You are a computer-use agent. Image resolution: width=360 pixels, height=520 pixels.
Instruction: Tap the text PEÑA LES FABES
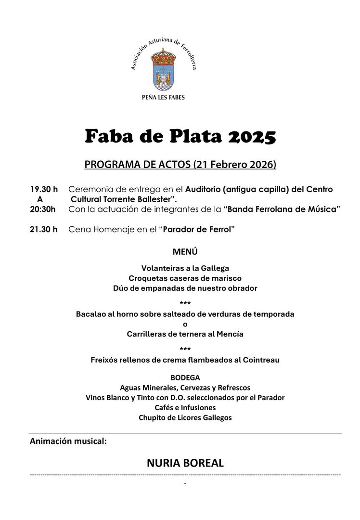164,97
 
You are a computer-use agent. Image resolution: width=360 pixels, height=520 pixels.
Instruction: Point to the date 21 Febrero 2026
234,164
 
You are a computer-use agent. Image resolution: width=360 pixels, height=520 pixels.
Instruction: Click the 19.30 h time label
44,189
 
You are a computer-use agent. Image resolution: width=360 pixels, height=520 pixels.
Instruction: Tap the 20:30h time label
43,209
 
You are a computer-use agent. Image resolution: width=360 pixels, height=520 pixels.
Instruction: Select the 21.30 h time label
44,229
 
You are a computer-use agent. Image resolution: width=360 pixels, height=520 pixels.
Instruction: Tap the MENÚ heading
185,252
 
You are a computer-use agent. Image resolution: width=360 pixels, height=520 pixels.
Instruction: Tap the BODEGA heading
185,377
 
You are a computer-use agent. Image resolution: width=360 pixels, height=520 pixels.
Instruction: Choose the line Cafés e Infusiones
185,407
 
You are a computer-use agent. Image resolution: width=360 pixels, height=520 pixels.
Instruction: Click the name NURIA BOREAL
185,463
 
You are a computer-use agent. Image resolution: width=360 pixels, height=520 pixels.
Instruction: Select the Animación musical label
68,441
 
